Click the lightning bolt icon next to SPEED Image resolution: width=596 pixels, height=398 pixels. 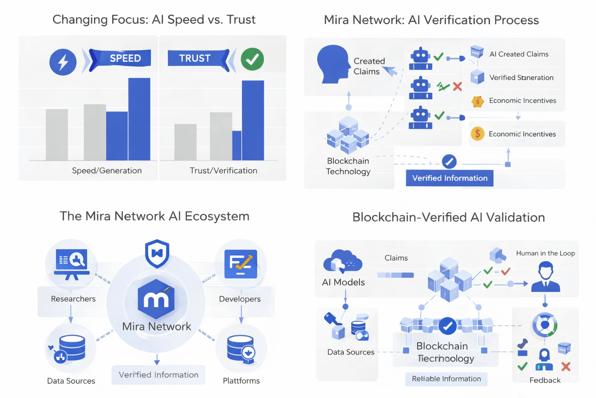[x=63, y=62]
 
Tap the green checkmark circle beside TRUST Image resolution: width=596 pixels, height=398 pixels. [x=252, y=59]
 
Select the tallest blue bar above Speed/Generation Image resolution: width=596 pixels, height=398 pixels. [x=139, y=119]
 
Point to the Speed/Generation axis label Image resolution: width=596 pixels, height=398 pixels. [x=107, y=171]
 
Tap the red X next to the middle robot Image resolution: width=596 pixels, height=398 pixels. [x=457, y=86]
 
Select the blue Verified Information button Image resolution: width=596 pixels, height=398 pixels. [x=449, y=178]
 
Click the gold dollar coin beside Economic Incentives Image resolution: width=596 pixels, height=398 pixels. [x=477, y=134]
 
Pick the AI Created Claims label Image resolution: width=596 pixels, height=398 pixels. [x=519, y=54]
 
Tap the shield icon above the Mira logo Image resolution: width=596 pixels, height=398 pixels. [x=157, y=253]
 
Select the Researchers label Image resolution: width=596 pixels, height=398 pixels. [x=73, y=299]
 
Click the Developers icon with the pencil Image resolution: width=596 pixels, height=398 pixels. [x=241, y=264]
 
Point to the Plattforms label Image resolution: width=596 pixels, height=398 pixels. [x=241, y=381]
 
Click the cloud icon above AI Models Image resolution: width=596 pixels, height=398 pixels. [x=342, y=262]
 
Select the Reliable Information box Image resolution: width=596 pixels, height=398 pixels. [x=446, y=379]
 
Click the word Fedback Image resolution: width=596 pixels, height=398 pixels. [x=545, y=380]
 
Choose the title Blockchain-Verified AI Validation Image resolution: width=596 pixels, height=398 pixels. [x=449, y=217]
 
